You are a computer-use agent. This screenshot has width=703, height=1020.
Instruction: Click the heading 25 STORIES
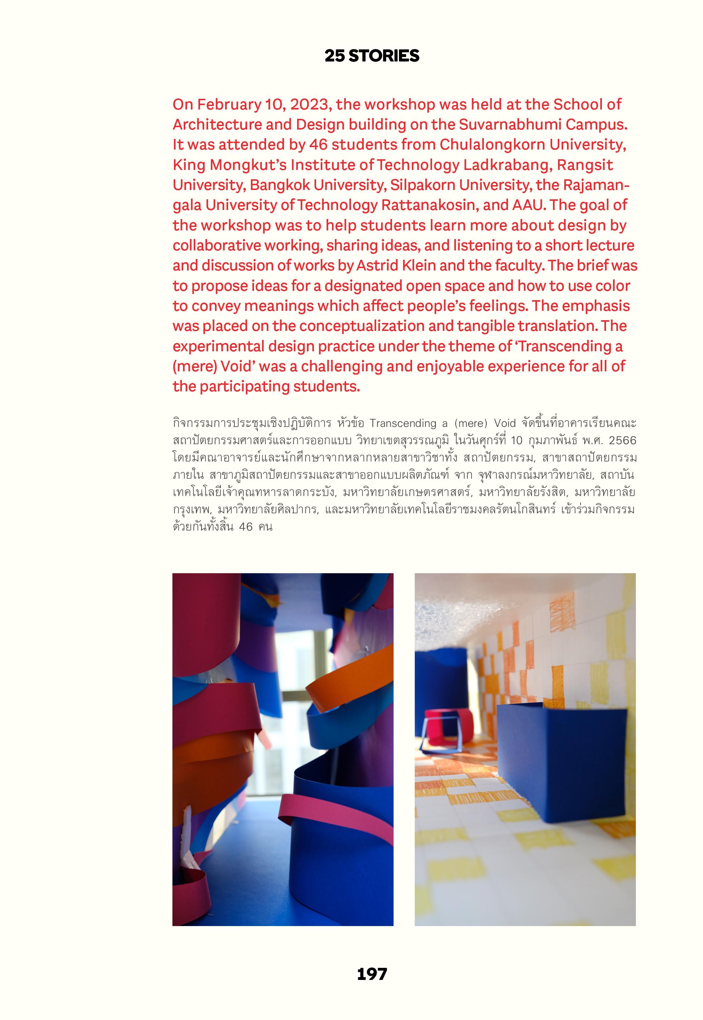coord(372,56)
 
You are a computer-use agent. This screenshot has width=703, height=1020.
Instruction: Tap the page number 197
coord(372,974)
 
